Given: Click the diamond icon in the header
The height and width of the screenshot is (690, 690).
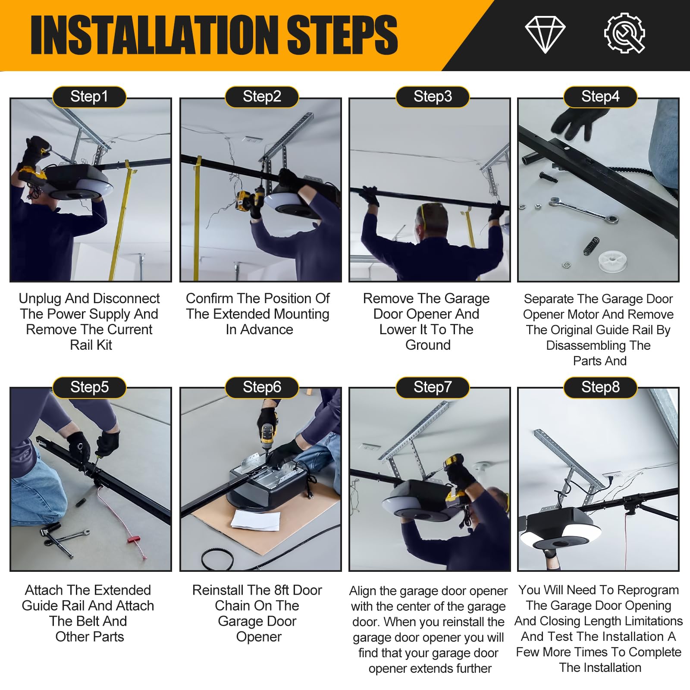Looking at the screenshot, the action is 545,35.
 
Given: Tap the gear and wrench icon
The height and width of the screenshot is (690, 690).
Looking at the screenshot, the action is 624,33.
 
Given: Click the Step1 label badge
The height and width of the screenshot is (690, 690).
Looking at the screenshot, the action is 89,97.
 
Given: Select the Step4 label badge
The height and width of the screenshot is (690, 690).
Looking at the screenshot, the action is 600,97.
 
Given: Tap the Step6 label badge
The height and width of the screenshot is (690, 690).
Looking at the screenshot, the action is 262,387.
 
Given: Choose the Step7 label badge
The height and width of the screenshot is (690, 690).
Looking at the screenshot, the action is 433,387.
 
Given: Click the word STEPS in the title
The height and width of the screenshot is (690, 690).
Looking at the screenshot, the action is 342,35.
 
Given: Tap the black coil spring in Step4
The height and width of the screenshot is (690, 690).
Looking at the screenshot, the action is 592,246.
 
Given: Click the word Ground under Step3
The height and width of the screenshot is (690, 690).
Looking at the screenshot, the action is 428,345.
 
